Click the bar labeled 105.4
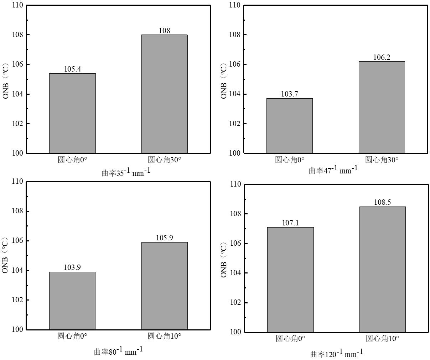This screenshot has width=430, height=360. [x=72, y=113]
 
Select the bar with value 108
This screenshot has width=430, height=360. [x=164, y=94]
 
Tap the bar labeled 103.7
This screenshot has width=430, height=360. [x=289, y=126]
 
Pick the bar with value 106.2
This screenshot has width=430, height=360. [x=382, y=107]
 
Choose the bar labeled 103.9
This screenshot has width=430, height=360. [x=72, y=301]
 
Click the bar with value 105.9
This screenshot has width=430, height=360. [x=164, y=286]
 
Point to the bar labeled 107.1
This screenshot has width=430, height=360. [x=290, y=280]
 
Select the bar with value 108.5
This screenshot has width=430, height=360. [x=382, y=269]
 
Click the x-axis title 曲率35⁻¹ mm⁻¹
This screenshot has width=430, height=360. [x=126, y=172]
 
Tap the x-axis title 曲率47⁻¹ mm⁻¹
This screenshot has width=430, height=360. [x=333, y=170]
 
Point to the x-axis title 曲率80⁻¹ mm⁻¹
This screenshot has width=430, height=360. [x=118, y=351]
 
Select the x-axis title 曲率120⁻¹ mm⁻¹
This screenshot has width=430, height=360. [x=337, y=354]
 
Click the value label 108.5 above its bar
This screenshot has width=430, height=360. [x=382, y=202]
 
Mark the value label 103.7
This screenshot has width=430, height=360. [x=289, y=94]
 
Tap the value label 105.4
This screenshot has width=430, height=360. [x=72, y=69]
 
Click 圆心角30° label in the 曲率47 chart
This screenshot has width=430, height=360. [x=382, y=160]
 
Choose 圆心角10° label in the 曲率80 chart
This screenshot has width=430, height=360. [x=164, y=336]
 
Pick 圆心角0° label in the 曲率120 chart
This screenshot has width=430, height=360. [x=290, y=338]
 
